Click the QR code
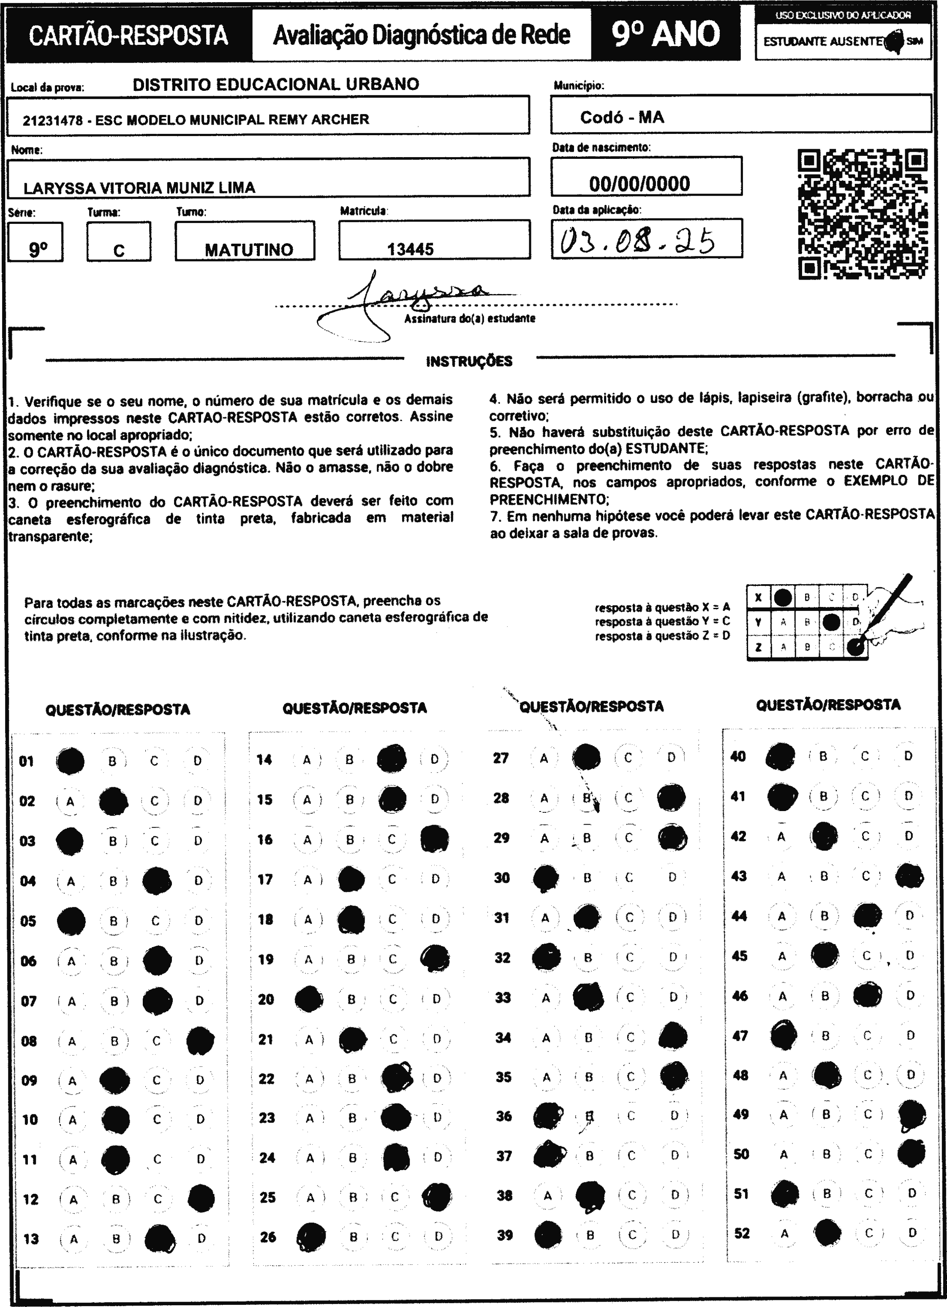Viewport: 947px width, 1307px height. pyautogui.click(x=863, y=214)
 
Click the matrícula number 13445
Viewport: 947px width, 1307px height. pyautogui.click(x=411, y=249)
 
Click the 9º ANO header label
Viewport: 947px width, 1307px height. pyautogui.click(x=666, y=35)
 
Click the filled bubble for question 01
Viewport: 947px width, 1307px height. pyautogui.click(x=70, y=761)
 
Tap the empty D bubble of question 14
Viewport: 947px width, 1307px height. pyautogui.click(x=434, y=759)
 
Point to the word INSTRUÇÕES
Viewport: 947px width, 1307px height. pyautogui.click(x=469, y=361)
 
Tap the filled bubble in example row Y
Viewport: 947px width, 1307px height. pyautogui.click(x=830, y=622)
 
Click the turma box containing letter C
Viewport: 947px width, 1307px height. pyautogui.click(x=119, y=242)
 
